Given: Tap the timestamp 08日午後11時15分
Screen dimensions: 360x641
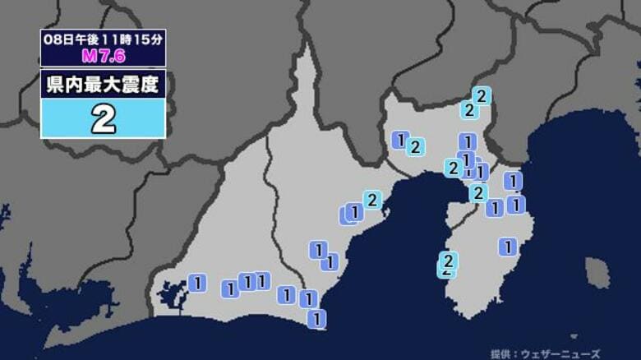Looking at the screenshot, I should pos(103,39).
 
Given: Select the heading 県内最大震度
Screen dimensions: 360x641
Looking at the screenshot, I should pos(104,84).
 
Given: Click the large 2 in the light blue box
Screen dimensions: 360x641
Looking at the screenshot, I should pos(104,120).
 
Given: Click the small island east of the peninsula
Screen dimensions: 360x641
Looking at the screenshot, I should pos(597,273).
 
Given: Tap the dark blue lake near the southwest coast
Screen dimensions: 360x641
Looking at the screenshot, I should pos(173,292).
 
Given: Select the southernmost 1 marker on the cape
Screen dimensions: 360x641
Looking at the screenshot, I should pos(317,318).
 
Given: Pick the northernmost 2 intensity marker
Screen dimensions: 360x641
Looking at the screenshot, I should pos(482,95).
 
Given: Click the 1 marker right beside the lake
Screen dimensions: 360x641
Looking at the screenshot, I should pos(196,283).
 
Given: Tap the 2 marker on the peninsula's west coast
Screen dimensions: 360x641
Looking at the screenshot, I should pos(448,261).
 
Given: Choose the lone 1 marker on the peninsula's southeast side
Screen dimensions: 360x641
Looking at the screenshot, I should pos(509,245).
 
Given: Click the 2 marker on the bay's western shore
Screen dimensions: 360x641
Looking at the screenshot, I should pos(372,199).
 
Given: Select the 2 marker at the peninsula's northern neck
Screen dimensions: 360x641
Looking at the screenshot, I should pos(477,193).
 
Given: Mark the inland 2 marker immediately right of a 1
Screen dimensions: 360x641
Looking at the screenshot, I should pos(416,147).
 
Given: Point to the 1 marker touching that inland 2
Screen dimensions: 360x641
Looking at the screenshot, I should pos(400,140).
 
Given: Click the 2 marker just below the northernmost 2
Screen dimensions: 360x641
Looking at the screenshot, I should pos(468,109).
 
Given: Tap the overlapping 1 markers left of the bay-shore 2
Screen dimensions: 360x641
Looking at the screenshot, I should pos(351,214).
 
